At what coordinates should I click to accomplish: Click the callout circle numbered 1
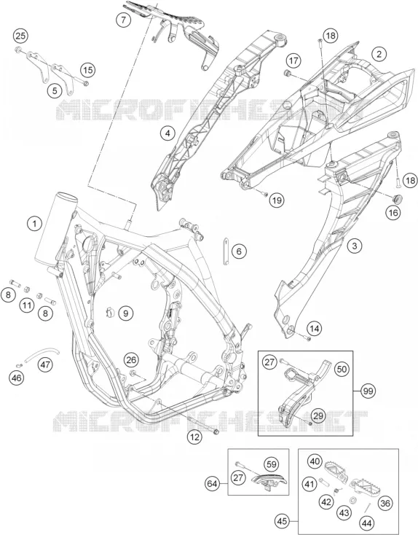(x=34, y=224)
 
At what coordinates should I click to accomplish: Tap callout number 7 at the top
(x=123, y=20)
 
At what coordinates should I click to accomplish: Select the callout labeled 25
(x=20, y=36)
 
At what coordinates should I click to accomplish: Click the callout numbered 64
(x=213, y=483)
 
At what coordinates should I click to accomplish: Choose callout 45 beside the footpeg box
(x=283, y=521)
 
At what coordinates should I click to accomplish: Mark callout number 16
(x=393, y=213)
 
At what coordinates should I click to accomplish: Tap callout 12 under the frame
(x=194, y=437)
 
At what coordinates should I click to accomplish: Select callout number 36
(x=385, y=503)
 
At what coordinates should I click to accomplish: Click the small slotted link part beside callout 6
(x=226, y=251)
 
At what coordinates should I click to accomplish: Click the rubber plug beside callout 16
(x=398, y=198)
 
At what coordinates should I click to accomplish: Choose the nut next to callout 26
(x=133, y=373)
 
